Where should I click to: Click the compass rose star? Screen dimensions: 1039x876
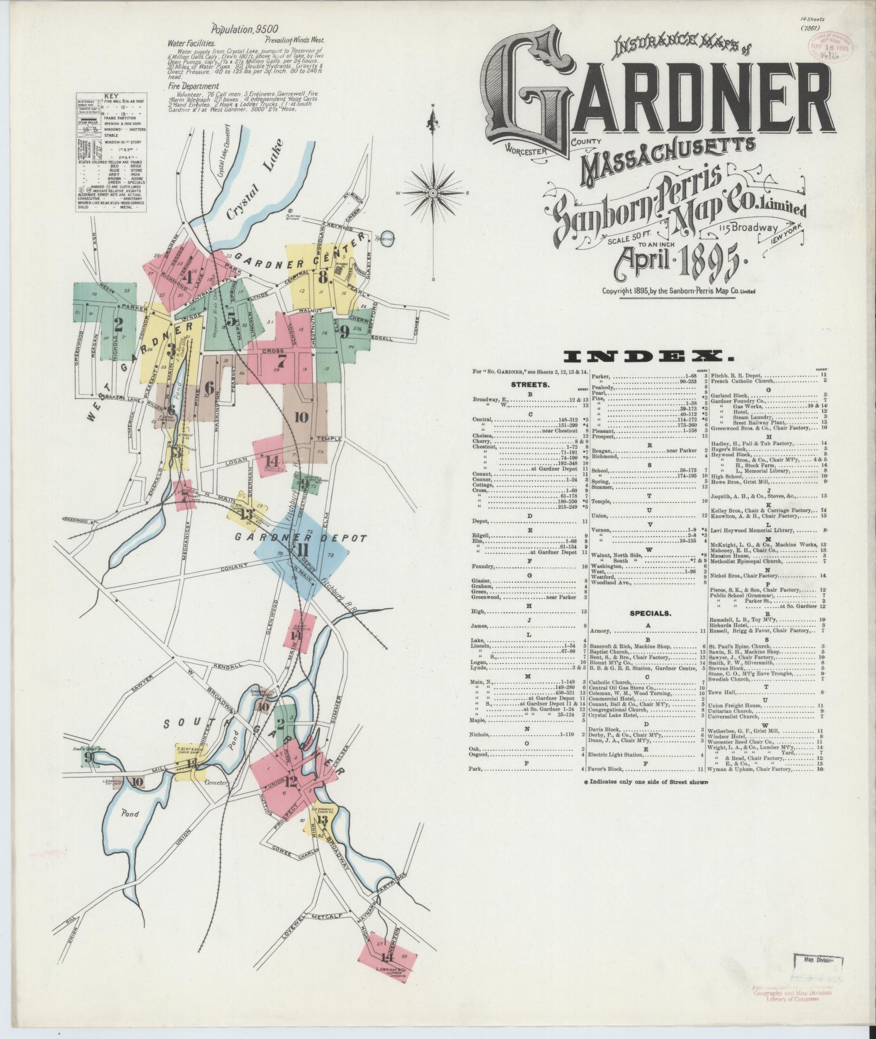point(433,193)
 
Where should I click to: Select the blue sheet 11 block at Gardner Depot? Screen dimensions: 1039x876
point(302,550)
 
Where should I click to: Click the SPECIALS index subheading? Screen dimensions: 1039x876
point(650,614)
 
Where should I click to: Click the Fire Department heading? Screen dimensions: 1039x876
point(193,86)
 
